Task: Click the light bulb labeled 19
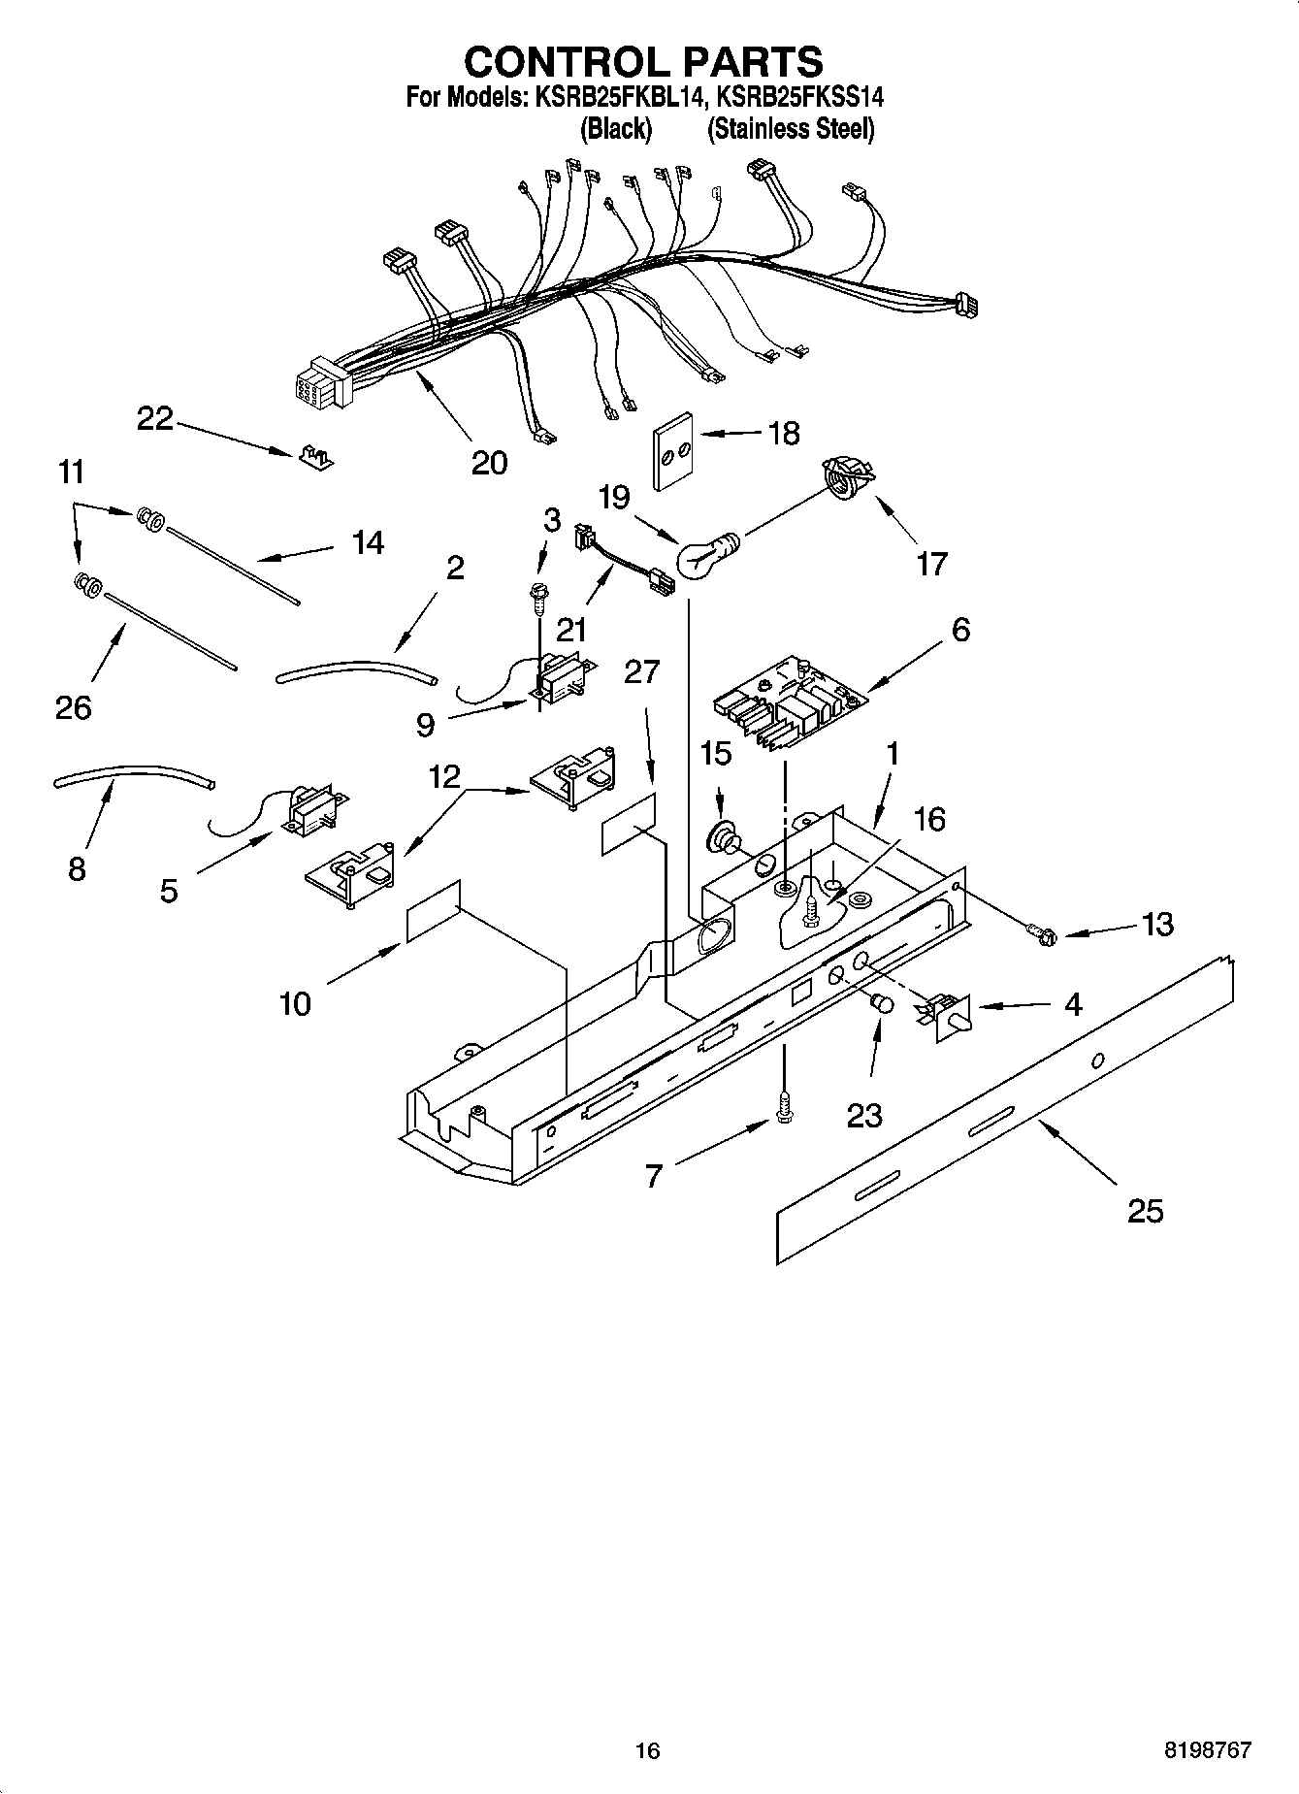(x=705, y=557)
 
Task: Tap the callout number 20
(x=488, y=463)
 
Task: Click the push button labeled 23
(x=881, y=1004)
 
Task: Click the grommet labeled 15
(x=724, y=835)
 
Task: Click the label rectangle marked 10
(x=432, y=912)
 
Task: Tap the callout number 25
(x=1144, y=1212)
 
